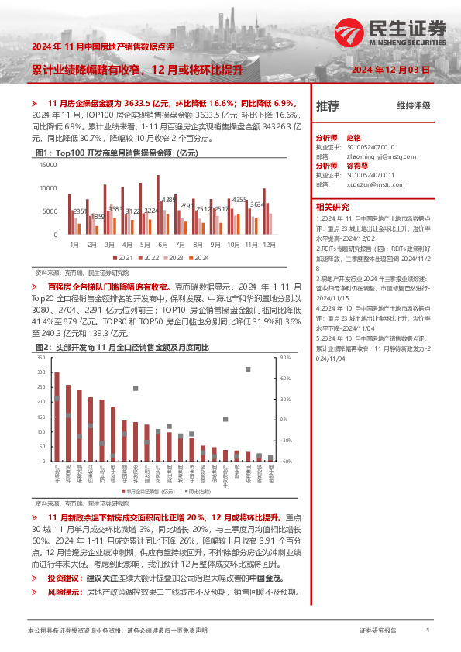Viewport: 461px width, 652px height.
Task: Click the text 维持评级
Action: [x=413, y=105]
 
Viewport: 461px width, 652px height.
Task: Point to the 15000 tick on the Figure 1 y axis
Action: [x=46, y=164]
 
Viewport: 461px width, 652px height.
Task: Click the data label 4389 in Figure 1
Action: [x=170, y=200]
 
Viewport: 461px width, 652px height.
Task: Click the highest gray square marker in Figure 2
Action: [x=248, y=369]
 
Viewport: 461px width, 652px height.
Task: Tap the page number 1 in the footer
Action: [x=427, y=631]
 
